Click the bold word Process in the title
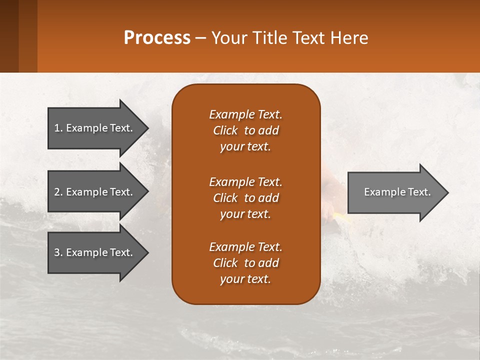pyautogui.click(x=157, y=38)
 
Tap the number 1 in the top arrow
pyautogui.click(x=57, y=128)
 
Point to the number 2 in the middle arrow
pyautogui.click(x=57, y=192)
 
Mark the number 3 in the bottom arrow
pyautogui.click(x=57, y=252)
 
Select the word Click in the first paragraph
pyautogui.click(x=225, y=130)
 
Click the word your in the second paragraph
pyautogui.click(x=231, y=214)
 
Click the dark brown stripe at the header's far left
pyautogui.click(x=9, y=36)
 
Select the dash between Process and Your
pyautogui.click(x=200, y=38)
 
